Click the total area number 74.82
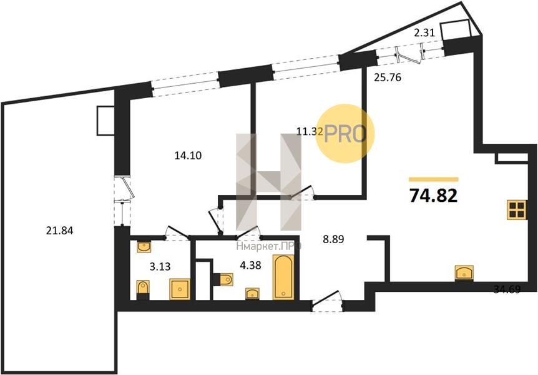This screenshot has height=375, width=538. (x=433, y=196)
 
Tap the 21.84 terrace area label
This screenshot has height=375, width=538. (x=60, y=230)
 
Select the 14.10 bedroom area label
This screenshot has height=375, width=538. (x=188, y=156)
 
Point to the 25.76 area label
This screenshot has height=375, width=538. (x=388, y=77)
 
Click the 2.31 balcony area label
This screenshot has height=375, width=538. (x=424, y=32)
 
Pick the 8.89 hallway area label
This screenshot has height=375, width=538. (x=333, y=239)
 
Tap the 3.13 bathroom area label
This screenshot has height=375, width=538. (x=160, y=266)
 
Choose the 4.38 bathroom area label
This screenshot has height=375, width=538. (x=251, y=266)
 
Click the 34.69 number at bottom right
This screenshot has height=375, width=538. (x=507, y=289)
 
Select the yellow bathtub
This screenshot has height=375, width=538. (x=283, y=277)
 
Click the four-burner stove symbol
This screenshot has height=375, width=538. (x=517, y=210)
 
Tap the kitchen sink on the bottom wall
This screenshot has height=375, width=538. (x=464, y=273)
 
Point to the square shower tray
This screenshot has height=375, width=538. (x=180, y=289)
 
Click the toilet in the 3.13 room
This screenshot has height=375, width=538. (x=143, y=288)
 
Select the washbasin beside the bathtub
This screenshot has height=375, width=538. (x=252, y=294)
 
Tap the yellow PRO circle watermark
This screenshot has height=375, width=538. (x=345, y=133)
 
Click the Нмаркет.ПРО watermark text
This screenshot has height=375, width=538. (x=269, y=246)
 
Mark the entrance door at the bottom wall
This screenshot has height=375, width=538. (x=327, y=301)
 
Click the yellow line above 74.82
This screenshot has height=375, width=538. (x=433, y=179)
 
